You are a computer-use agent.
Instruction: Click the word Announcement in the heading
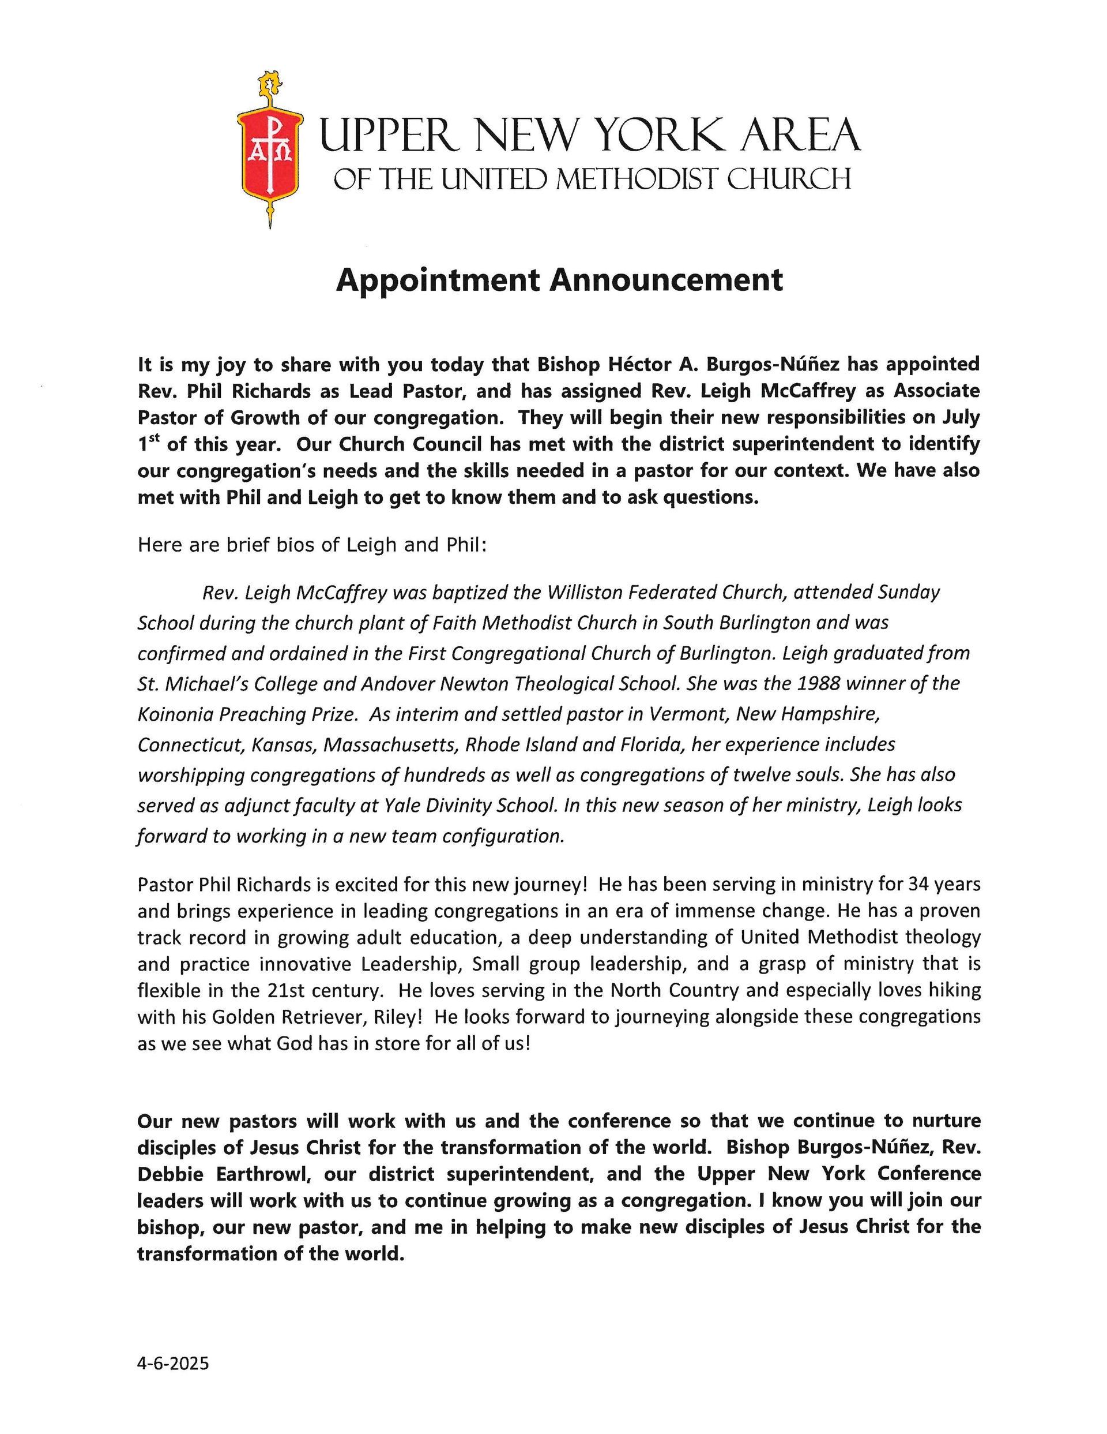[666, 280]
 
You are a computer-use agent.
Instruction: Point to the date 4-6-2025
[173, 1364]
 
